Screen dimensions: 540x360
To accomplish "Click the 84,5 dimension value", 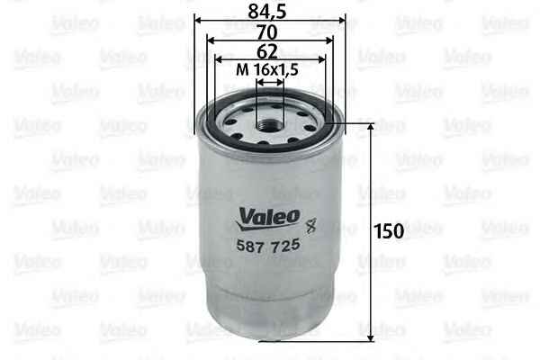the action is tap(267, 11).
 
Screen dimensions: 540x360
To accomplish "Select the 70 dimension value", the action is tap(267, 32).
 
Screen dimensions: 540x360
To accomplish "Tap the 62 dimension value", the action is tap(267, 52).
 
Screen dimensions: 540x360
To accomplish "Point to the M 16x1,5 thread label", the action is tap(267, 70).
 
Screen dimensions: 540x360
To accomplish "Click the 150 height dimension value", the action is tap(389, 231).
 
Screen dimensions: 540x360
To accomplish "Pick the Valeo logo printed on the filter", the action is tap(268, 219).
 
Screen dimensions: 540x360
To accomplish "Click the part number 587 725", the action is tap(268, 246).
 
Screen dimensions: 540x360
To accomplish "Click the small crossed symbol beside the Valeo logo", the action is tap(311, 226).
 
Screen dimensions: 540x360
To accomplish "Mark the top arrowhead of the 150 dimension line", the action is tap(371, 128).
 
